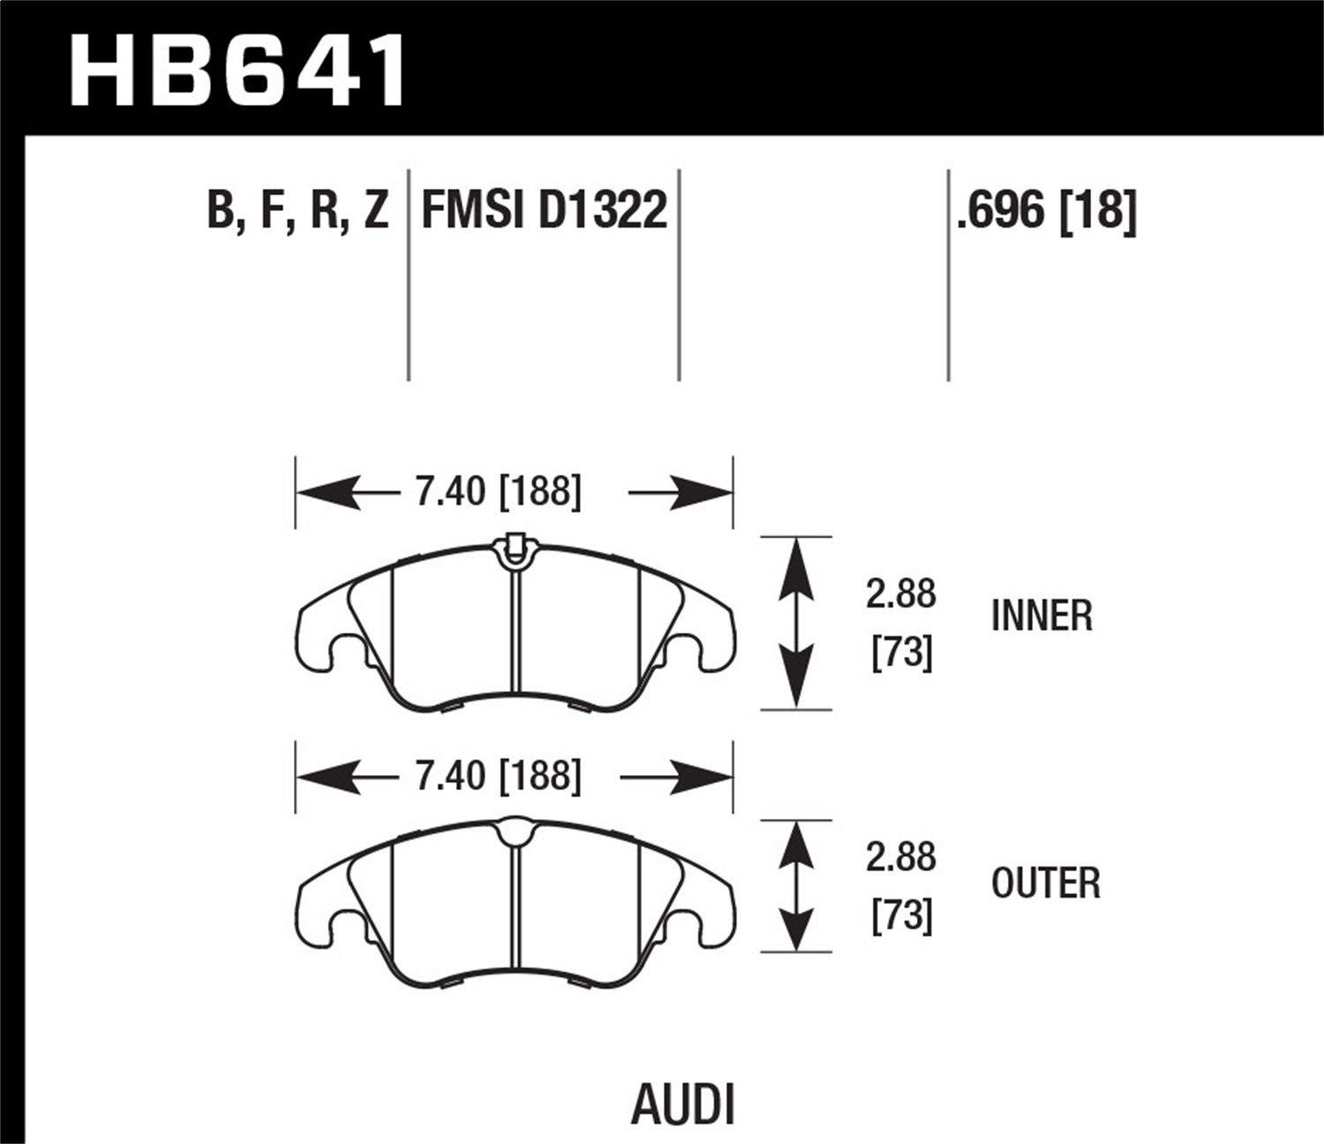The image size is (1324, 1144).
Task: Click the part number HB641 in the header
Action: pos(237,71)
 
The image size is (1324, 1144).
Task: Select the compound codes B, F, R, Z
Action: pos(297,212)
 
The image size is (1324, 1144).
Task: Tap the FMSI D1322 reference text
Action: pos(544,212)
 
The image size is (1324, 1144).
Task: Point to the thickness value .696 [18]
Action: pos(1046,212)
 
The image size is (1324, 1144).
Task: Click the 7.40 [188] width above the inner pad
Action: pos(499,492)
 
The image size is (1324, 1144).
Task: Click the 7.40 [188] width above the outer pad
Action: pos(499,776)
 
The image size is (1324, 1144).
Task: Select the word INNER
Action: pos(1042,615)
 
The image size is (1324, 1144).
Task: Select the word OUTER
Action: pos(1045,883)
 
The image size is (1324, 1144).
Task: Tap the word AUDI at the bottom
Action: pos(683,1105)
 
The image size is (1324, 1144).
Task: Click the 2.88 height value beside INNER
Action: pos(900,594)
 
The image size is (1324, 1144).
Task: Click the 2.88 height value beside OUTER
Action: pos(900,857)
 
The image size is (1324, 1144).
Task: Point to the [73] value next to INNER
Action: pos(901,653)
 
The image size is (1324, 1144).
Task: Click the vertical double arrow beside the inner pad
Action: pos(796,622)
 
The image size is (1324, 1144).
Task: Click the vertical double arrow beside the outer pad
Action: pos(796,886)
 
